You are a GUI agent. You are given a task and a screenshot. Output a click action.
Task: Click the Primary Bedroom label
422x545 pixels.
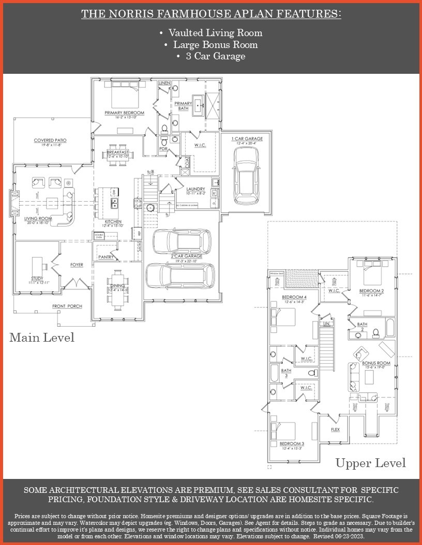(124, 113)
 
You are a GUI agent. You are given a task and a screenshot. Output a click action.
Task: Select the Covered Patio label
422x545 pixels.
(50, 140)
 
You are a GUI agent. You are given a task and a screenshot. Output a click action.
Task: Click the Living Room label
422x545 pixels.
(39, 219)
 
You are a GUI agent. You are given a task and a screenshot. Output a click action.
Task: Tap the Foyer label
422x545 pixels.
(77, 265)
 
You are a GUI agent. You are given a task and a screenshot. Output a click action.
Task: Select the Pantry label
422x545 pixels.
(106, 257)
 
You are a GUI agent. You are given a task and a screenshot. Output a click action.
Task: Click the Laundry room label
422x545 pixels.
(196, 189)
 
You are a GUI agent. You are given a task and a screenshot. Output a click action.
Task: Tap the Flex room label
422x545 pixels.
(335, 429)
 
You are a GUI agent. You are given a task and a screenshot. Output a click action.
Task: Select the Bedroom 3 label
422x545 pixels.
(292, 444)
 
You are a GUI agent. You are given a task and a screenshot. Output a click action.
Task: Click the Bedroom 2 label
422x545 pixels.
(371, 291)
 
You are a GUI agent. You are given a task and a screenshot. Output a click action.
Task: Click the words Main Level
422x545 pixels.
(42, 338)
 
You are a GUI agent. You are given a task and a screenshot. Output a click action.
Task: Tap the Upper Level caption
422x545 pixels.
(370, 462)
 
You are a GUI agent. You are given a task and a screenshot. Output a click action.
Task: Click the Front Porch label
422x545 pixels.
(67, 306)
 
